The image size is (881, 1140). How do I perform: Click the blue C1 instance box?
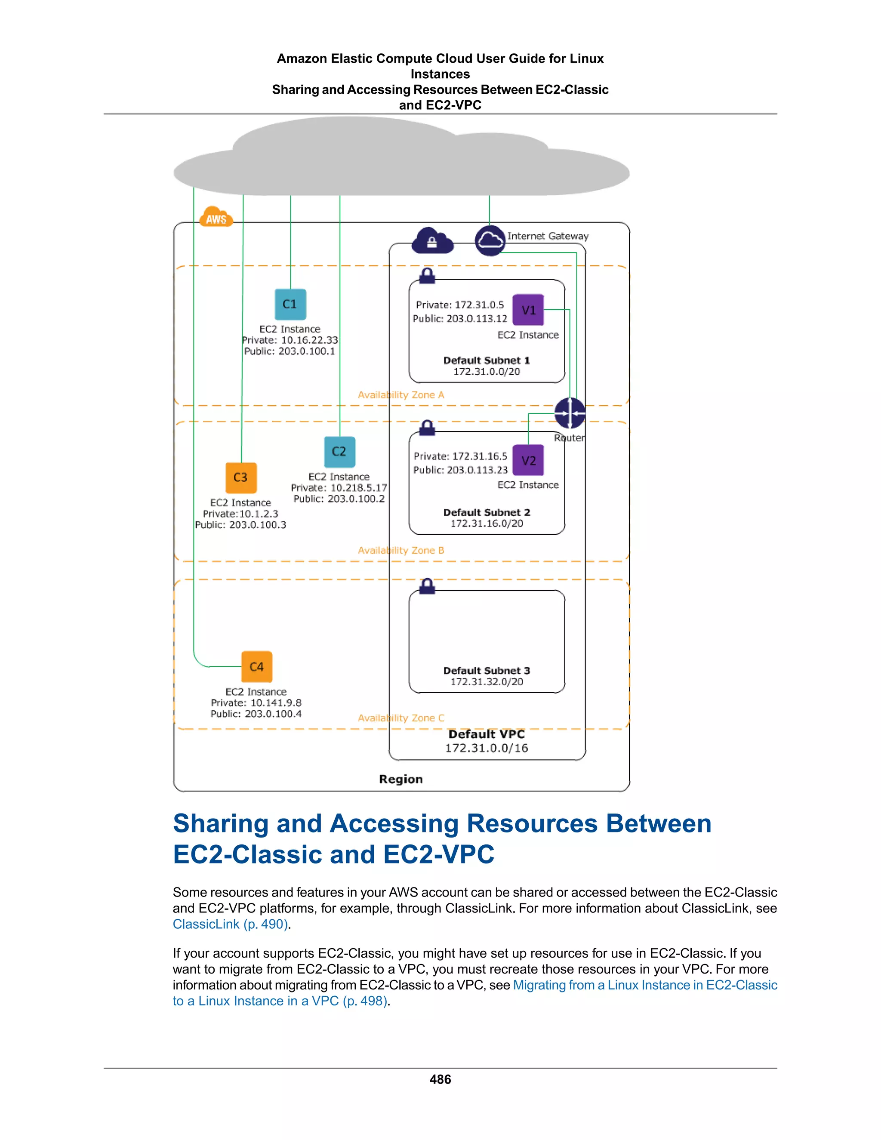tap(290, 304)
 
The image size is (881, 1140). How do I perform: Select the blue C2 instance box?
tap(339, 452)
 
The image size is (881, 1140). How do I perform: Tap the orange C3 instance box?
tap(240, 478)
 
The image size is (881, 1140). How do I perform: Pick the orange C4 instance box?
tap(256, 666)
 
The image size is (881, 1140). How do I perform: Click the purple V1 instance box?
tap(528, 310)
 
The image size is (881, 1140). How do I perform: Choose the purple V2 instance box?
tap(528, 460)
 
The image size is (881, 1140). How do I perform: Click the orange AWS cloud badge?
tap(216, 218)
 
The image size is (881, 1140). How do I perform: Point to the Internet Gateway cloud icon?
tap(490, 240)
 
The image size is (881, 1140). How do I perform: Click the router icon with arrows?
tap(570, 413)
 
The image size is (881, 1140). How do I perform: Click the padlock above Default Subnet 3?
tap(427, 585)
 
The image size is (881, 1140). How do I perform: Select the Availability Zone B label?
tap(401, 550)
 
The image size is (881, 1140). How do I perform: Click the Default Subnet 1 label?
tap(487, 360)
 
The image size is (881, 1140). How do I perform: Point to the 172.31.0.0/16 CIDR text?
tap(487, 748)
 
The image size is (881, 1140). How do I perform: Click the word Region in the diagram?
tap(401, 779)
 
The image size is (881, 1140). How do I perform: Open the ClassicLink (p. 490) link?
tap(230, 924)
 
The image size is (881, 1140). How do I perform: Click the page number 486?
tap(440, 1079)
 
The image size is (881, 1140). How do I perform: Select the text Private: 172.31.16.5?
tap(460, 456)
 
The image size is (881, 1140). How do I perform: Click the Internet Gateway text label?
tap(548, 236)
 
